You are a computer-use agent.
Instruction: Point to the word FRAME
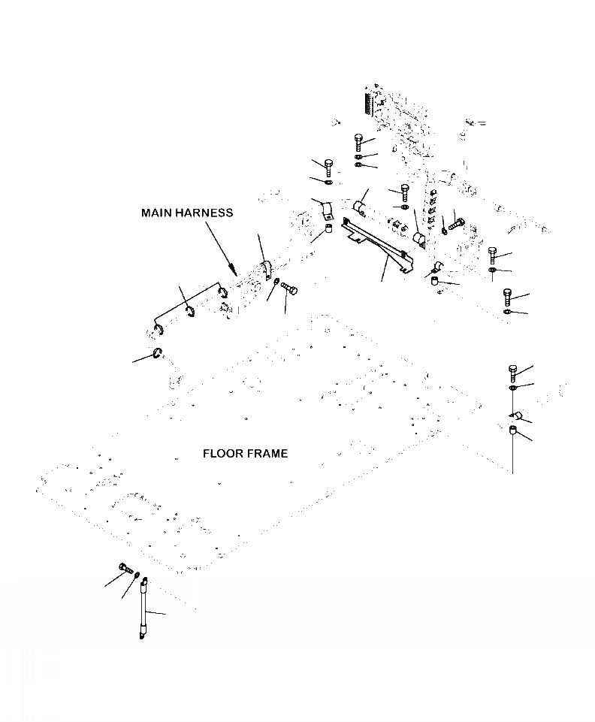point(264,454)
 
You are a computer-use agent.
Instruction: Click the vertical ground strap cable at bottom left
point(143,608)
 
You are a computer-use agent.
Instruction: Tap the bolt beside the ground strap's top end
point(125,568)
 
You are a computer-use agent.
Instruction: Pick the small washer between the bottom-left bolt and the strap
point(137,575)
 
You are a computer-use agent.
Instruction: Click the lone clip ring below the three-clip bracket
point(158,354)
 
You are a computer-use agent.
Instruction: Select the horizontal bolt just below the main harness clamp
point(288,288)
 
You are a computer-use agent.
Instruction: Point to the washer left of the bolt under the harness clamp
point(276,282)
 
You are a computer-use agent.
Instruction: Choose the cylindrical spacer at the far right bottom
point(512,432)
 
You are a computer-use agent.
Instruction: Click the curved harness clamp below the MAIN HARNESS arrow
point(265,270)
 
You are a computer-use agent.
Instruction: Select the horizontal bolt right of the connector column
point(456,224)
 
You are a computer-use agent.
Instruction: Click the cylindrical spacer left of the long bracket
point(329,229)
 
